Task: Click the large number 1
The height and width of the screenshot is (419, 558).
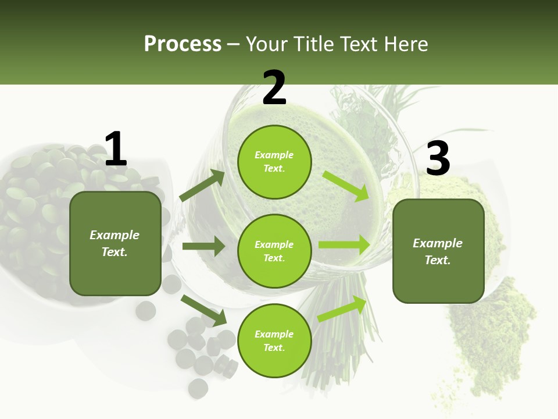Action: [116, 150]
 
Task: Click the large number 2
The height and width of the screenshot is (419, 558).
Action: [274, 88]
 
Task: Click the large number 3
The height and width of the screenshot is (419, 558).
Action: [438, 159]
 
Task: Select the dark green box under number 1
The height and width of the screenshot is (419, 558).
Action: [115, 243]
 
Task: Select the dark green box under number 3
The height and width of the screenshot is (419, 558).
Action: [438, 251]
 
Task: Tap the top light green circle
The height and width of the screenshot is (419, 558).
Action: [274, 162]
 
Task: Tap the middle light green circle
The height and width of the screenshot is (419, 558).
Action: [274, 251]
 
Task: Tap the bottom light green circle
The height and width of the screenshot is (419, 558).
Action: [274, 340]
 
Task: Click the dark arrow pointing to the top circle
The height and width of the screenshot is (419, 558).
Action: [202, 186]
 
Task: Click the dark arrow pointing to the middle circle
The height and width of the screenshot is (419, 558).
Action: [203, 246]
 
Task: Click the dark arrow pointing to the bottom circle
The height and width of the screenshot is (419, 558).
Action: [203, 310]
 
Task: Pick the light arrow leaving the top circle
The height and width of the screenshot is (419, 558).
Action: [346, 186]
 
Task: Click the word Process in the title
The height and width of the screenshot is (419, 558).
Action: [183, 44]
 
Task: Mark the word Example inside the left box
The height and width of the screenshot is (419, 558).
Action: [115, 235]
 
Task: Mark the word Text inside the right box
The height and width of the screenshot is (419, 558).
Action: [437, 260]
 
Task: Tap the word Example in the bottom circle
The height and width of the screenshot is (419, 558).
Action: [274, 334]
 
